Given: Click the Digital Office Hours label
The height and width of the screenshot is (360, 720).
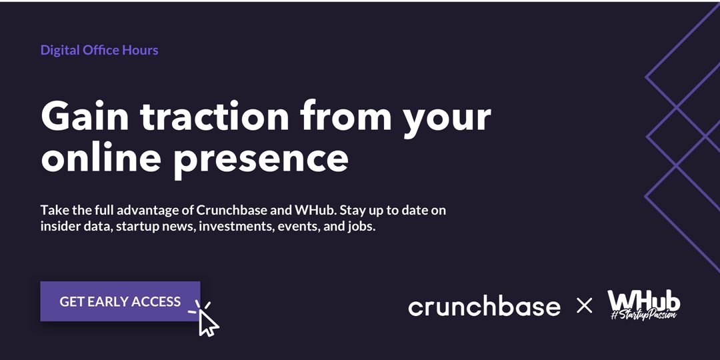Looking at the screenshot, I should click(99, 50).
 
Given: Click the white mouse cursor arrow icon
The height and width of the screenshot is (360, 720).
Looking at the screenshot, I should click(208, 323).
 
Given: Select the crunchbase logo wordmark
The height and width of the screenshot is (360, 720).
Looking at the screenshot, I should click(484, 307).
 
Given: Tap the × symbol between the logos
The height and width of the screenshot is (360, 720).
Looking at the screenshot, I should click(584, 306).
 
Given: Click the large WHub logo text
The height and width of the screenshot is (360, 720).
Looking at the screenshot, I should click(643, 299).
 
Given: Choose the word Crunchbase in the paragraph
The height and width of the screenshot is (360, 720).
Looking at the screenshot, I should click(231, 210).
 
